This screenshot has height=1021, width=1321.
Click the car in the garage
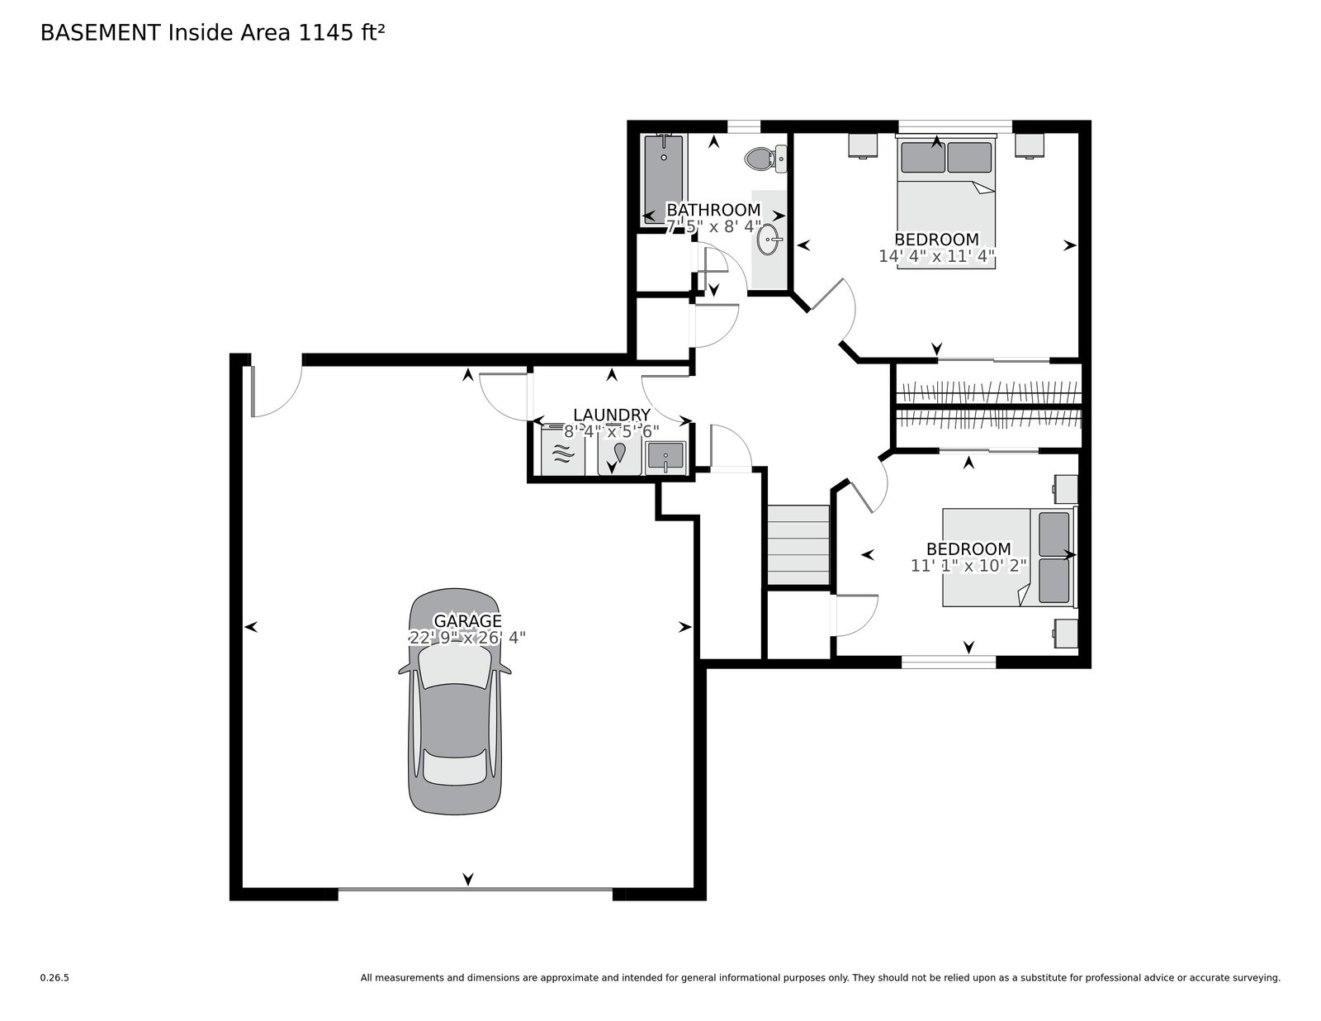coord(454,700)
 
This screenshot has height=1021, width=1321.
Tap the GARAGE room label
coord(466,621)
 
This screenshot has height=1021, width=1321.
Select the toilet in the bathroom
coord(765,159)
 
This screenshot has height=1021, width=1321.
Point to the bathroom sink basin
coord(769,240)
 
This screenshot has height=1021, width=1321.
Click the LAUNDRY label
coord(611,415)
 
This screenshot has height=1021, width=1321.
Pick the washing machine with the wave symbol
coord(563,450)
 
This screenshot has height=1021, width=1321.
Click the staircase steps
coord(798,545)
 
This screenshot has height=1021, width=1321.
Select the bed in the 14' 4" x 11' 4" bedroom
coord(946,202)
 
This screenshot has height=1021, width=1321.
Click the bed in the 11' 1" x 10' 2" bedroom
coord(1009,557)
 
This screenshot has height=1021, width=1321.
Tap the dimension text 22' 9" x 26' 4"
coord(466,638)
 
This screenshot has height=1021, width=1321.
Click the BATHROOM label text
coord(713,210)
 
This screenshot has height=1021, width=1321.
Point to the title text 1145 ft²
coord(341,33)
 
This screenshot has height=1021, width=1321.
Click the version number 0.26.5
coord(54,978)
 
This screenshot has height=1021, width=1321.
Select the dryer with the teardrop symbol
coord(619,455)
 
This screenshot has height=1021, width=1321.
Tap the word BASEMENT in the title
coord(100,33)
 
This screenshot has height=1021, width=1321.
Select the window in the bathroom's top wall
coord(744,126)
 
